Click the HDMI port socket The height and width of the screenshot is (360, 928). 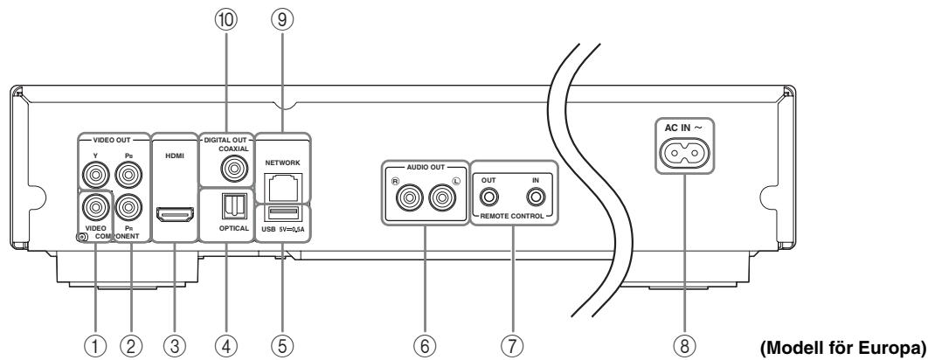point(175,215)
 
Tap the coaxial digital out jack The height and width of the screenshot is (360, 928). point(234,170)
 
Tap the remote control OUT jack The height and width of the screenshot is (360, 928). point(488,196)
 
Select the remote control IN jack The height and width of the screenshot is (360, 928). point(537,196)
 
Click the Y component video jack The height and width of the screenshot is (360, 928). point(95,175)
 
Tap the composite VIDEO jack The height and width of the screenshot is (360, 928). point(95,207)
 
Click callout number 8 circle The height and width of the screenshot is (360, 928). point(685,344)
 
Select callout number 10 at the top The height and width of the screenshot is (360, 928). point(225,19)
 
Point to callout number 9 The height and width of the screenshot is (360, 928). point(282,19)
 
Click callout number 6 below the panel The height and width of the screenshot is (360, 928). point(425,344)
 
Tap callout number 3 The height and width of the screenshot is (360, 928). point(175,344)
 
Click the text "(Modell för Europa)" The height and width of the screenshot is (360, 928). point(842,345)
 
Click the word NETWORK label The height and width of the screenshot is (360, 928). point(283,163)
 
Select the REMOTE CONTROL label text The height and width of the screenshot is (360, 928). point(512,216)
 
